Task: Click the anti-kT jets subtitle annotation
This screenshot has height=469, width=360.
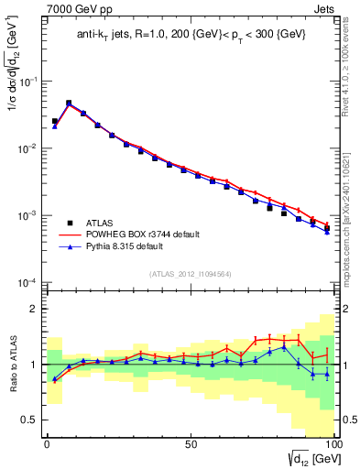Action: [x=190, y=35]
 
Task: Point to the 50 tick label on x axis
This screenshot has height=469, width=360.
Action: [x=190, y=443]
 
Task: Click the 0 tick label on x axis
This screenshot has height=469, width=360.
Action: [x=47, y=443]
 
